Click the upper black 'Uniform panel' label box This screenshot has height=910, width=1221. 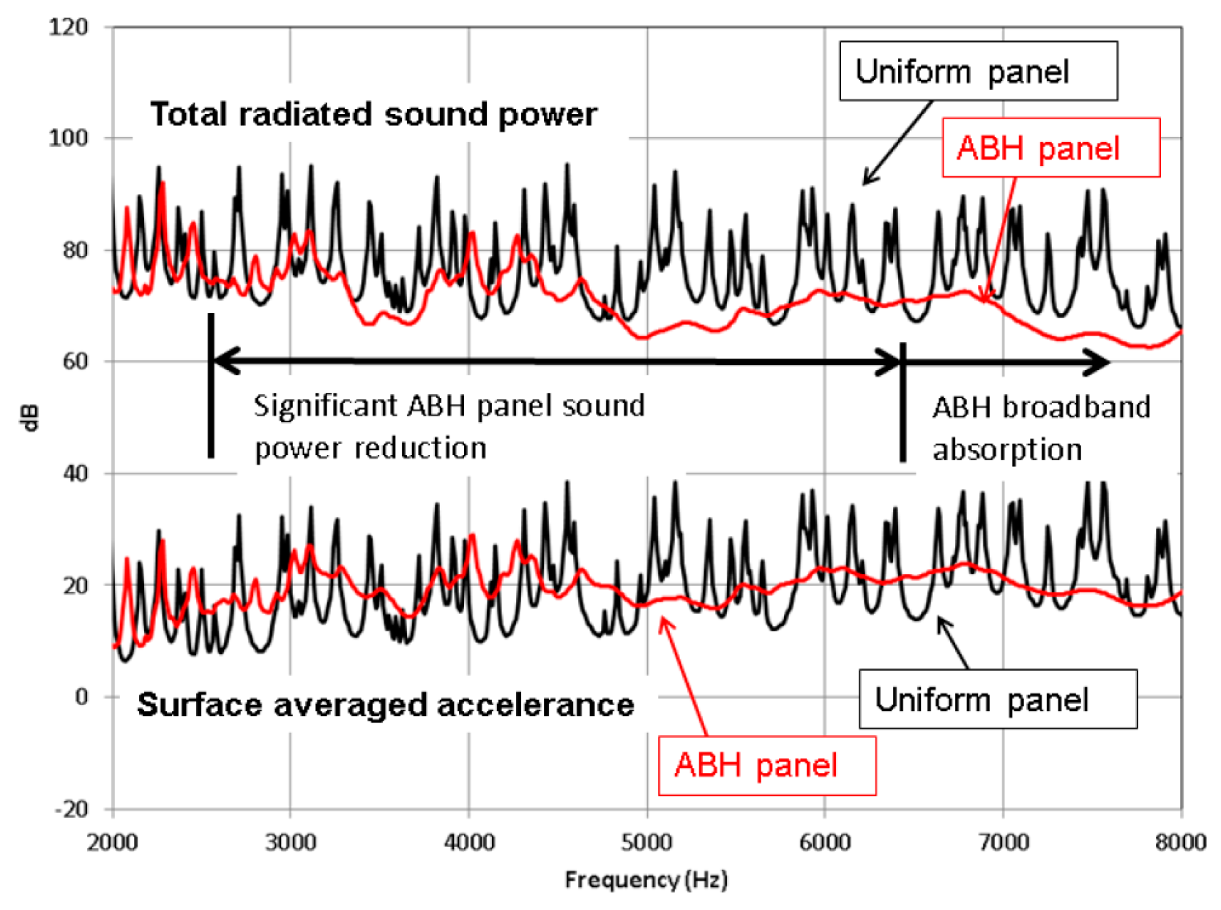[x=978, y=71]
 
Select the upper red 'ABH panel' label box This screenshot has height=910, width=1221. [x=1050, y=148]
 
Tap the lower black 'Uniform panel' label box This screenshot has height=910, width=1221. [x=997, y=699]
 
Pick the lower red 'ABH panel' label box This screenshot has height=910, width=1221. [x=766, y=765]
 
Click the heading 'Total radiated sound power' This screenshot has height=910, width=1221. [x=373, y=115]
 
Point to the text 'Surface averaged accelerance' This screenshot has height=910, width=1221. [x=385, y=705]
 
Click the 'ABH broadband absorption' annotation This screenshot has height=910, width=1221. [x=1040, y=428]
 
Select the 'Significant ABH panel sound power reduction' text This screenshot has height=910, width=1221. [x=448, y=426]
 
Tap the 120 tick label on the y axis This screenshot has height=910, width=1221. [x=68, y=27]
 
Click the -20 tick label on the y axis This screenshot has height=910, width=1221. [x=71, y=809]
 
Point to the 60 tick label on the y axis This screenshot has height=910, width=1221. [x=75, y=361]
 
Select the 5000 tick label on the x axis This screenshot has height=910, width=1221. [x=646, y=843]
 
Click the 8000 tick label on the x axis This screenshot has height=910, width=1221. [x=1180, y=843]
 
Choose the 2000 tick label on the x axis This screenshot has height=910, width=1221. [x=112, y=843]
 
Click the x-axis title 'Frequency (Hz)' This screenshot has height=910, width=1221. [x=646, y=879]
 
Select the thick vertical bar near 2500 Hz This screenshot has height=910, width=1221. [x=211, y=386]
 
